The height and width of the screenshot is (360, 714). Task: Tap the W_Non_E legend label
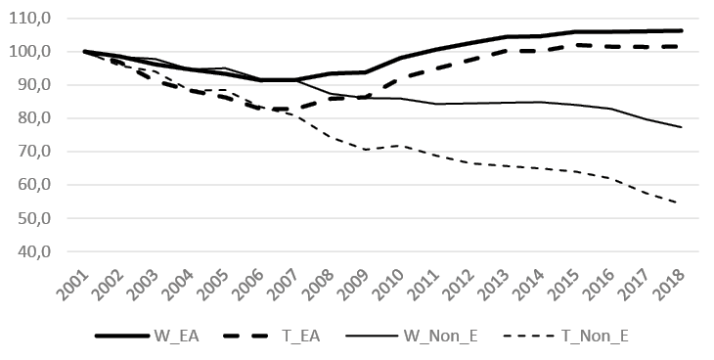[442, 336]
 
